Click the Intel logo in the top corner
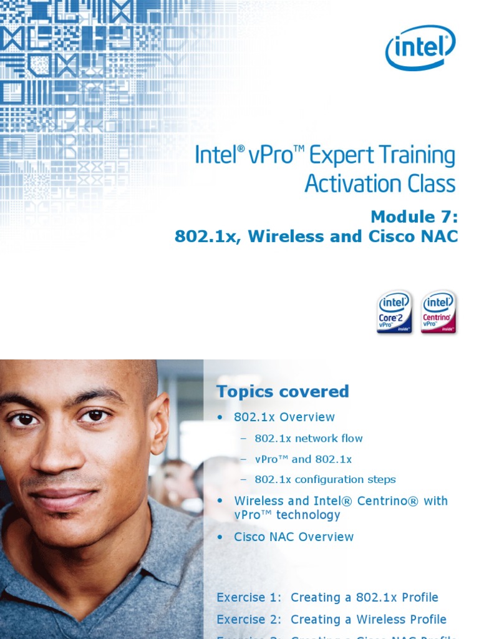(x=421, y=47)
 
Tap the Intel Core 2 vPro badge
(x=394, y=312)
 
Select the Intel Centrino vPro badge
(x=438, y=312)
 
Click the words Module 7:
(x=414, y=217)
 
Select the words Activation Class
(x=380, y=183)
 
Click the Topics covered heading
(x=283, y=392)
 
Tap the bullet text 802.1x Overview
(x=284, y=417)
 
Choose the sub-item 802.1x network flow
(x=309, y=438)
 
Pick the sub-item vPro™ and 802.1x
(x=303, y=459)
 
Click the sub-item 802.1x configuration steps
(x=325, y=480)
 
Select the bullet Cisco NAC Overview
(x=294, y=537)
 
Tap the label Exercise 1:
(x=249, y=597)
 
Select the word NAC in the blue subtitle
(x=442, y=237)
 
